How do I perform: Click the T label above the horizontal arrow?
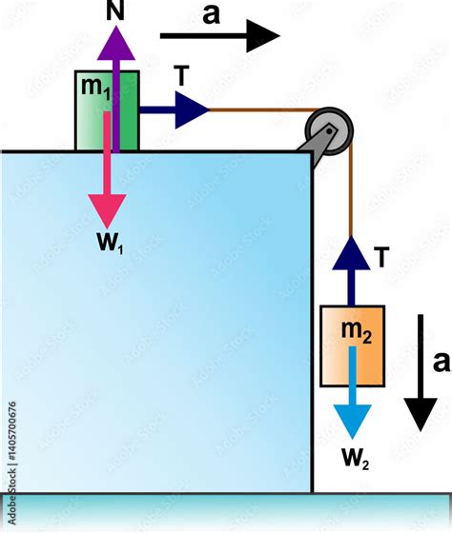coord(181,76)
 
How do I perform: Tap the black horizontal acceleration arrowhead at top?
coord(261,36)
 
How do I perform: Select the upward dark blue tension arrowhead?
coord(352,253)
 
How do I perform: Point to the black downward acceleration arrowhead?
coord(420,413)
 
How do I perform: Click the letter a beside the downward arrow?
coord(440,362)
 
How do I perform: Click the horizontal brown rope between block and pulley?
coord(257,110)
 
